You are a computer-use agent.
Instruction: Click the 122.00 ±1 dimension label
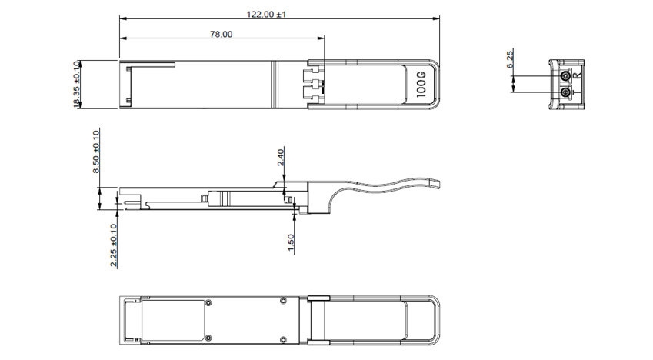click(x=266, y=14)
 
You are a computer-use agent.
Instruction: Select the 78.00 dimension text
click(x=222, y=34)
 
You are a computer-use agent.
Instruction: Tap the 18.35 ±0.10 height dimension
click(x=77, y=85)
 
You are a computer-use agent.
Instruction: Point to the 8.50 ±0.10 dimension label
click(x=96, y=152)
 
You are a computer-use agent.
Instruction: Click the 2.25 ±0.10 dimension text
click(x=113, y=245)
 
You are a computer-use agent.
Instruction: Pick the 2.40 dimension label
click(x=281, y=158)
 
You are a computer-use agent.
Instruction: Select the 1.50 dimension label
click(x=291, y=243)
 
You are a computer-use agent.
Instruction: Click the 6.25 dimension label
click(x=510, y=58)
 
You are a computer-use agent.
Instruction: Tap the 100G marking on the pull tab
click(x=421, y=85)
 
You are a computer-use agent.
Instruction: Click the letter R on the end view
click(x=577, y=75)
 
